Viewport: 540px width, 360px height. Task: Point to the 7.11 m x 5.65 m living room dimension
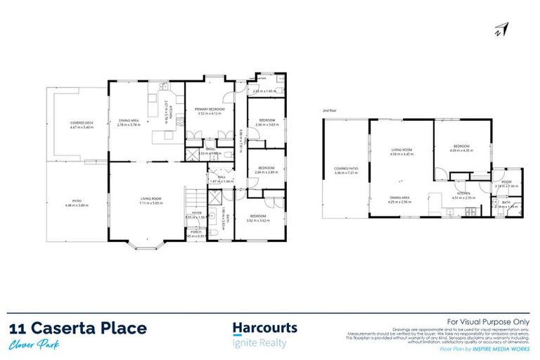[151, 205]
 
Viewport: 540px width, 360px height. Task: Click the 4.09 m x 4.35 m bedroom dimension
[459, 150]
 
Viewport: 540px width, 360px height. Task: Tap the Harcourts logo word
[264, 328]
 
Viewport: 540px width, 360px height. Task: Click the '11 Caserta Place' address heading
[78, 328]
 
